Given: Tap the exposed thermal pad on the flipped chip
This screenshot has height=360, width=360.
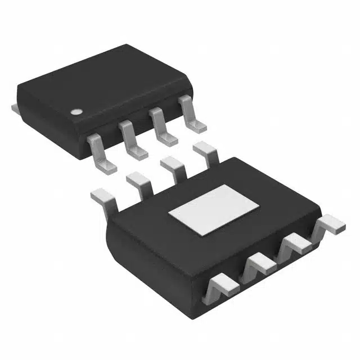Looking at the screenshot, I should tap(214, 209).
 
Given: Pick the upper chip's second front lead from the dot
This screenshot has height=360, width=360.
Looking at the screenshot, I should tap(130, 139).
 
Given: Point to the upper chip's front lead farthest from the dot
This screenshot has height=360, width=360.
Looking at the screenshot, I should tap(191, 114).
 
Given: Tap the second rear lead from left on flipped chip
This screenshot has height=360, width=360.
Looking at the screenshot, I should tap(138, 183).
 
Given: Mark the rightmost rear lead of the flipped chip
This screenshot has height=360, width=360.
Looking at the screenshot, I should tap(205, 153).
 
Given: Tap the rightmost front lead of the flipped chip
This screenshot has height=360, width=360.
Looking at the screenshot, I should tap(329, 225).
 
